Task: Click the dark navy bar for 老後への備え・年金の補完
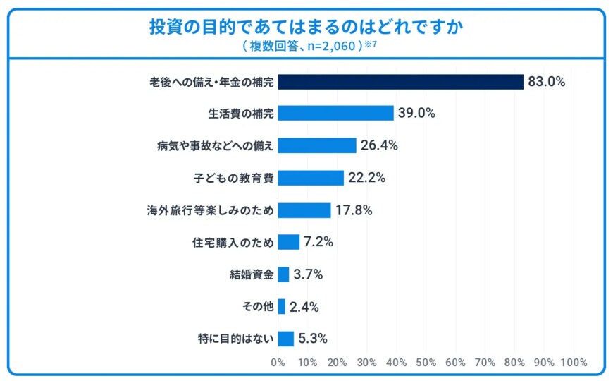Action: point(400,82)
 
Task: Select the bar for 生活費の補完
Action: point(335,113)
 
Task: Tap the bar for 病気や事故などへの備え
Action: point(317,145)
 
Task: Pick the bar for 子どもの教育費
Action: point(311,178)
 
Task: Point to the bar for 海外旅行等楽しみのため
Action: point(304,210)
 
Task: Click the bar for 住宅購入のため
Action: point(289,242)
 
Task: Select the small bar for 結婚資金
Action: point(283,274)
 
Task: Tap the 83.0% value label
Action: point(547,82)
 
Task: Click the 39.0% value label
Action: point(416,113)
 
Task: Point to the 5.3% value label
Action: point(313,339)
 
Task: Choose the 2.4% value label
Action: point(304,307)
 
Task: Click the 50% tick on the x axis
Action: point(426,363)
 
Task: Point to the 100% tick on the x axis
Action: point(574,363)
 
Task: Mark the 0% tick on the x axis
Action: point(278,363)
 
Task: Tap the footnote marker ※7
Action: point(371,44)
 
